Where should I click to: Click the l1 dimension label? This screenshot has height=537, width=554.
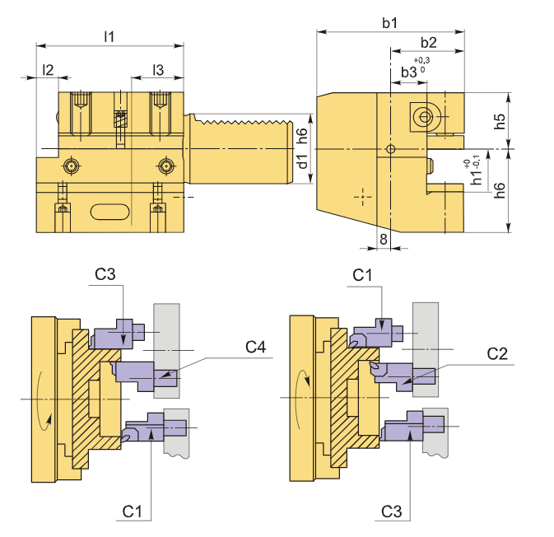pos(109,36)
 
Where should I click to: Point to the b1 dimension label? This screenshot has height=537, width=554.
pos(389,23)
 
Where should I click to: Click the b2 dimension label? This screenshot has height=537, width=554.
pos(428,42)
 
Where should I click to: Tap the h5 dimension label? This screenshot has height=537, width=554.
pos(500,121)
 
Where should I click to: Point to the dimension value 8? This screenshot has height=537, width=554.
pos(383,238)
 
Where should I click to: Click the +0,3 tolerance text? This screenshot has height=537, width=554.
pos(422,60)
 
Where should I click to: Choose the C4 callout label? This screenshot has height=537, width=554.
pos(255,348)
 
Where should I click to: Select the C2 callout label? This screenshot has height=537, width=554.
pos(496,354)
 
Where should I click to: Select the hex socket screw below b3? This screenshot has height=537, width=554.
pos(425,117)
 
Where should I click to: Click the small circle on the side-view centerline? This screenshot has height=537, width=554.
pos(391,149)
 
